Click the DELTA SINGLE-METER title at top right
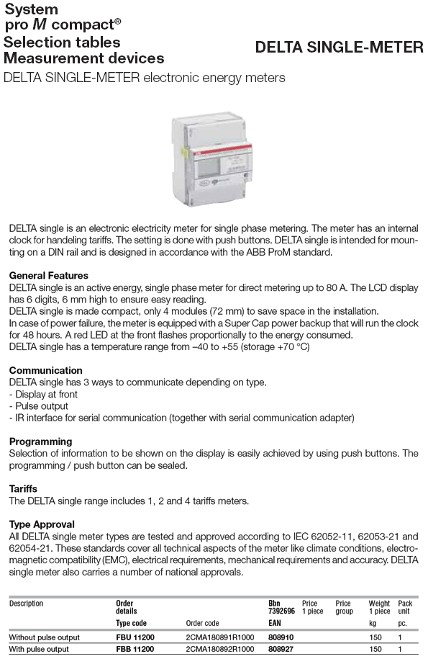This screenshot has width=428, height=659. click(340, 48)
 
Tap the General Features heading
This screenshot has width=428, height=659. click(48, 276)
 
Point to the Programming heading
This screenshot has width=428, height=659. click(40, 441)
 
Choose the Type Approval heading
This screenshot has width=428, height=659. click(42, 524)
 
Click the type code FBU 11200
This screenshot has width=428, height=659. click(135, 637)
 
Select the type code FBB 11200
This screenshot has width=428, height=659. click(135, 649)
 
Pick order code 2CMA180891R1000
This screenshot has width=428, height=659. click(219, 637)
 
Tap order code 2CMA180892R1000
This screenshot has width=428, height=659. click(219, 649)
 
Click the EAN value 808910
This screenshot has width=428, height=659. click(281, 637)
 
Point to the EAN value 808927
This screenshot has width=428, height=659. click(281, 649)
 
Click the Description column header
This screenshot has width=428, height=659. click(26, 604)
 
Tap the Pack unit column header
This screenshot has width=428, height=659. click(405, 607)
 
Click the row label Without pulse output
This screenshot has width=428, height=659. click(44, 637)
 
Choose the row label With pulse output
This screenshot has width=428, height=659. click(38, 649)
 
